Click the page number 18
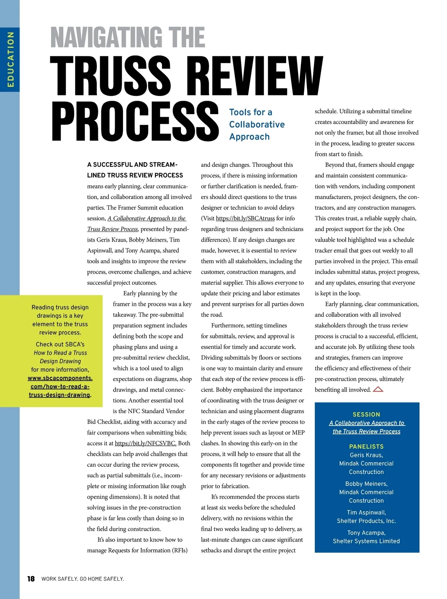point(31,578)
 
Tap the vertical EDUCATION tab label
point(10,59)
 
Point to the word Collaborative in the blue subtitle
point(257,125)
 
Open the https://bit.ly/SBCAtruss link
point(245,218)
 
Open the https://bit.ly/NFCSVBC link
point(145,443)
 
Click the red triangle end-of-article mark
point(378,390)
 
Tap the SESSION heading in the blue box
point(366,414)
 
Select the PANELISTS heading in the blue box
point(366,446)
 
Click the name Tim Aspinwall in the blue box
point(366,512)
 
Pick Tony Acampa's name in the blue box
point(366,533)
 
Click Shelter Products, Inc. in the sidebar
point(366,521)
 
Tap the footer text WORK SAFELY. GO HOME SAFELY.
point(82,579)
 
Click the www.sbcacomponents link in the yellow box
point(60,378)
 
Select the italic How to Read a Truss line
point(60,353)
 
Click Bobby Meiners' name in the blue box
point(366,484)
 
